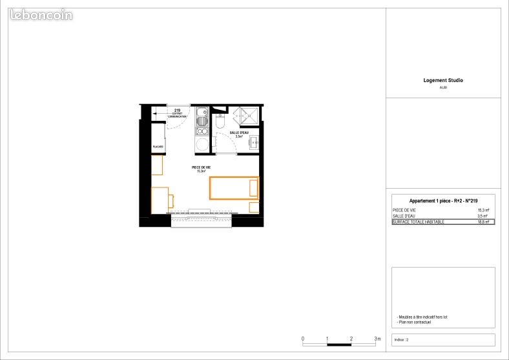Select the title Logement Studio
(443, 81)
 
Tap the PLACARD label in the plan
(158, 147)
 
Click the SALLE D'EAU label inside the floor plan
(239, 132)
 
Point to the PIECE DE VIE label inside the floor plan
(200, 169)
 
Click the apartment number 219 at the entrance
(177, 111)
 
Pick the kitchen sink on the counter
(202, 112)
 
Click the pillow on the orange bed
(253, 188)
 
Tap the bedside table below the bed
(254, 207)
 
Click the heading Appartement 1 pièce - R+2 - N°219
(443, 201)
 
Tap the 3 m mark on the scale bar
(377, 339)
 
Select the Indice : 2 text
(401, 340)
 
